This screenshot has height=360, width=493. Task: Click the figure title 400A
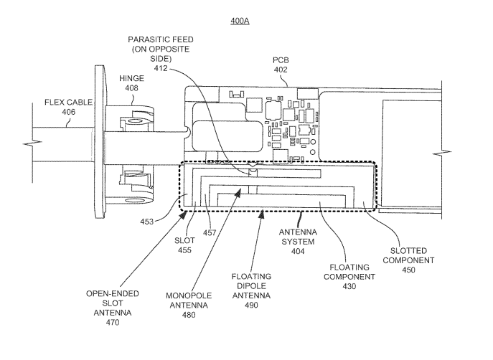pyautogui.click(x=240, y=21)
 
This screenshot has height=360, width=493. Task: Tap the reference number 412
pyautogui.click(x=161, y=68)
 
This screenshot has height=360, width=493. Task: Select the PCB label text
pyautogui.click(x=281, y=60)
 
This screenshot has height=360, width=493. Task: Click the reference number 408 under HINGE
pyautogui.click(x=131, y=88)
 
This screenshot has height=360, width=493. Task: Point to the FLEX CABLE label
pyautogui.click(x=69, y=103)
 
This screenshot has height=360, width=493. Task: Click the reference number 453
pyautogui.click(x=147, y=222)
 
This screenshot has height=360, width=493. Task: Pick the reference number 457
pyautogui.click(x=210, y=233)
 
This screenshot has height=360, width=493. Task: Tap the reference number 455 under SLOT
pyautogui.click(x=184, y=250)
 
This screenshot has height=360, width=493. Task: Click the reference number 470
pyautogui.click(x=113, y=322)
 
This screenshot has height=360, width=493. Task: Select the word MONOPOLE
pyautogui.click(x=189, y=296)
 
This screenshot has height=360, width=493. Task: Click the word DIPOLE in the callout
pyautogui.click(x=252, y=286)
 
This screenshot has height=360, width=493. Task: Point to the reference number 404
pyautogui.click(x=298, y=251)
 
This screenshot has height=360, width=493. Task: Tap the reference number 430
pyautogui.click(x=349, y=286)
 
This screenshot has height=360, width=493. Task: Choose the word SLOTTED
pyautogui.click(x=408, y=251)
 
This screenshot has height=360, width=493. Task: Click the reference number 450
pyautogui.click(x=408, y=270)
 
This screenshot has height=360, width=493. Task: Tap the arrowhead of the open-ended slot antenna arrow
pyautogui.click(x=183, y=214)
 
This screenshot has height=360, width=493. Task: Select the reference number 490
pyautogui.click(x=252, y=305)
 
